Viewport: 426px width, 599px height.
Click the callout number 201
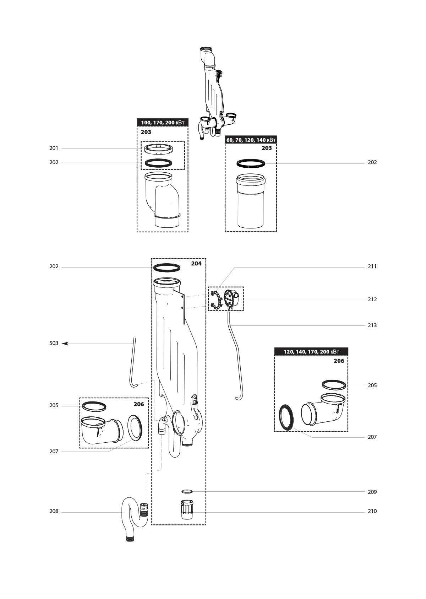(54, 148)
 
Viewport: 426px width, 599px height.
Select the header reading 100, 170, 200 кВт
(163, 123)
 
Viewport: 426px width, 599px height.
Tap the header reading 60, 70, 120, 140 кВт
(251, 140)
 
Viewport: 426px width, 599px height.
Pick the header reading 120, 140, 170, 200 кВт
(311, 352)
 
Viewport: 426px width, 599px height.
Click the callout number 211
(372, 266)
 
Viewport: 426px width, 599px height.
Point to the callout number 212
(372, 299)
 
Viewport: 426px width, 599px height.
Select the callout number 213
(372, 325)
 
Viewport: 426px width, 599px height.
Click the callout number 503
(54, 343)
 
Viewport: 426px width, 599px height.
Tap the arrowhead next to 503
(65, 343)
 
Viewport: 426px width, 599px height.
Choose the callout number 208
(54, 511)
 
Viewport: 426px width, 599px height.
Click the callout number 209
(372, 492)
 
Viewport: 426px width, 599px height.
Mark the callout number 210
(372, 511)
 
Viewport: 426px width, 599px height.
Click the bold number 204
(196, 263)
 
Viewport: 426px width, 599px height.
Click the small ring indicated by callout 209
(187, 491)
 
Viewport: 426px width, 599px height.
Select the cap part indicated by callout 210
(187, 509)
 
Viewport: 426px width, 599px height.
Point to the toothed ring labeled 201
(158, 149)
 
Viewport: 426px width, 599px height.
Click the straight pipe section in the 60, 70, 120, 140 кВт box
(251, 201)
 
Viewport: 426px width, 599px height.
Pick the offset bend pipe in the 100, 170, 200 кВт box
(162, 200)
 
